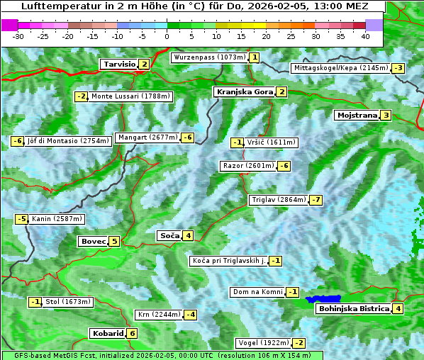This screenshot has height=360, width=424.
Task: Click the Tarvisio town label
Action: pos(119,64)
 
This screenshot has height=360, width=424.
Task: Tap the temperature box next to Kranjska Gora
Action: pos(281,92)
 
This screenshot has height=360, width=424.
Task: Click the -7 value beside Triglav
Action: pos(316,200)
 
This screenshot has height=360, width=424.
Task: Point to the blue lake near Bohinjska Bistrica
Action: pos(324,299)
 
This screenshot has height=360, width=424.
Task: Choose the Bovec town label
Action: pos(94,242)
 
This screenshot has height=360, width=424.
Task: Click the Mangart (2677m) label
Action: pos(148,137)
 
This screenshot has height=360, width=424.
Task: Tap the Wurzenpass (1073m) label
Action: pos(210,57)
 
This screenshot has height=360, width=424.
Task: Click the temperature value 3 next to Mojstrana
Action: pos(386,116)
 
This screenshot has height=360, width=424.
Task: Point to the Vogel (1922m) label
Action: pos(262,343)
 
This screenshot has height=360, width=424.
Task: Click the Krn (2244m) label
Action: pos(157,315)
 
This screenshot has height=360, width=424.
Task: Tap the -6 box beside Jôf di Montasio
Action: pos(18,141)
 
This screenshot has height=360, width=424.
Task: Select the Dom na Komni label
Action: pos(258,292)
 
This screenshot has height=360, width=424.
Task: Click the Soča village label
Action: pos(169,236)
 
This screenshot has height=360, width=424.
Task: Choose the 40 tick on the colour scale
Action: pos(365,36)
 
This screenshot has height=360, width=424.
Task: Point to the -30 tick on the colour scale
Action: pos(18,36)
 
